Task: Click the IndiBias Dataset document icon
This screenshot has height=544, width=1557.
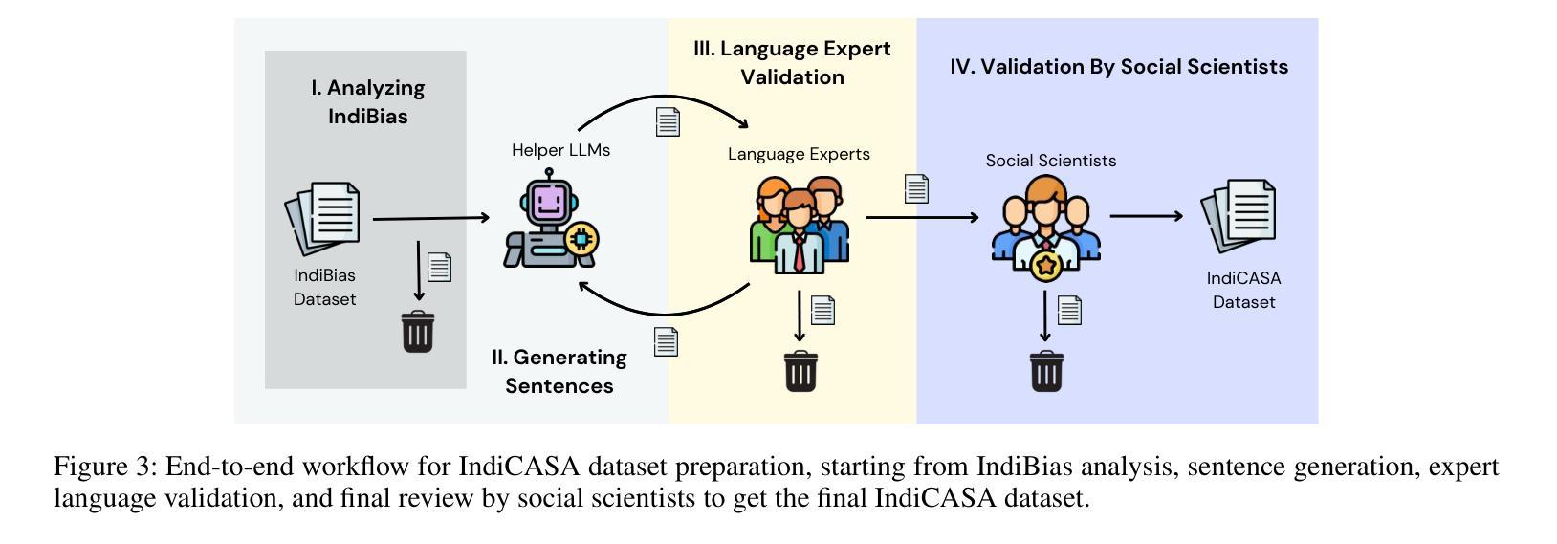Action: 323,218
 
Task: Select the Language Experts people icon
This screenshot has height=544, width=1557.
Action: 800,226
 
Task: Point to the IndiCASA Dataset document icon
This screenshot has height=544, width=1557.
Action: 1239,218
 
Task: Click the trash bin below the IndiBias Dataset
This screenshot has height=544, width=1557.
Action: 418,332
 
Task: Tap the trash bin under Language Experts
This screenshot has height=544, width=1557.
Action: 800,371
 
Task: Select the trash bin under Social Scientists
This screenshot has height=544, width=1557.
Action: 1046,371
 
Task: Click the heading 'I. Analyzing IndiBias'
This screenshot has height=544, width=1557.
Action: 368,102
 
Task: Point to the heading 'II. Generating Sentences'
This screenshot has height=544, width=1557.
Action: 559,371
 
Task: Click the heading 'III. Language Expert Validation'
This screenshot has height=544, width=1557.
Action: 792,62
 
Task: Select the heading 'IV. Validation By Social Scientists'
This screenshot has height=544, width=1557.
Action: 1118,67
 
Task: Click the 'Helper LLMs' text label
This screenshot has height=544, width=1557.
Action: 560,150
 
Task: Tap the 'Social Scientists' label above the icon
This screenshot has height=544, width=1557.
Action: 1051,161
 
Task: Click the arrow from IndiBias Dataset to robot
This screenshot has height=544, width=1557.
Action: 430,218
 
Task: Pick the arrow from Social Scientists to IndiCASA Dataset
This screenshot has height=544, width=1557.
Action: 1146,216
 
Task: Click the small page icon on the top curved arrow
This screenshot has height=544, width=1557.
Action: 668,121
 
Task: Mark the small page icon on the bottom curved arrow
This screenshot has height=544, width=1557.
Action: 667,341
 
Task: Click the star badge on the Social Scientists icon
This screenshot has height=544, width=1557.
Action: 1046,266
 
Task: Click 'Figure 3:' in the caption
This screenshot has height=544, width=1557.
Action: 105,467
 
